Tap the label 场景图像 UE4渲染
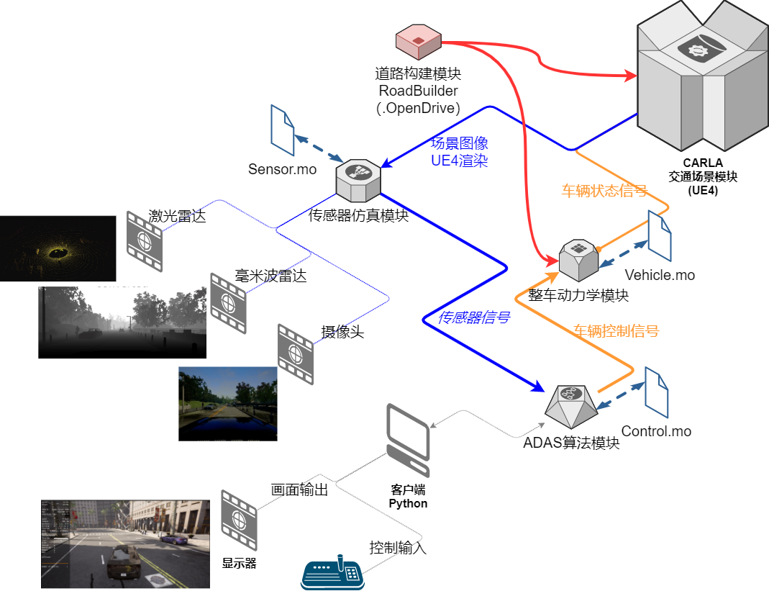(460, 152)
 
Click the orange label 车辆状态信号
(604, 191)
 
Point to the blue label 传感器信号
(475, 317)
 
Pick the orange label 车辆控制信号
(616, 331)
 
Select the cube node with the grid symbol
(579, 258)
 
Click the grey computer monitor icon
(409, 440)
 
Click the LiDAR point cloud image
(58, 248)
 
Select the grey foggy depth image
(122, 319)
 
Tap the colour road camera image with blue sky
(228, 400)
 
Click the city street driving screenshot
(126, 543)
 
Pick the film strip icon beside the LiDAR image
(145, 241)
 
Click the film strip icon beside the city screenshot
(239, 520)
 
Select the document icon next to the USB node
(283, 130)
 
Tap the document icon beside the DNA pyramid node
(656, 392)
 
